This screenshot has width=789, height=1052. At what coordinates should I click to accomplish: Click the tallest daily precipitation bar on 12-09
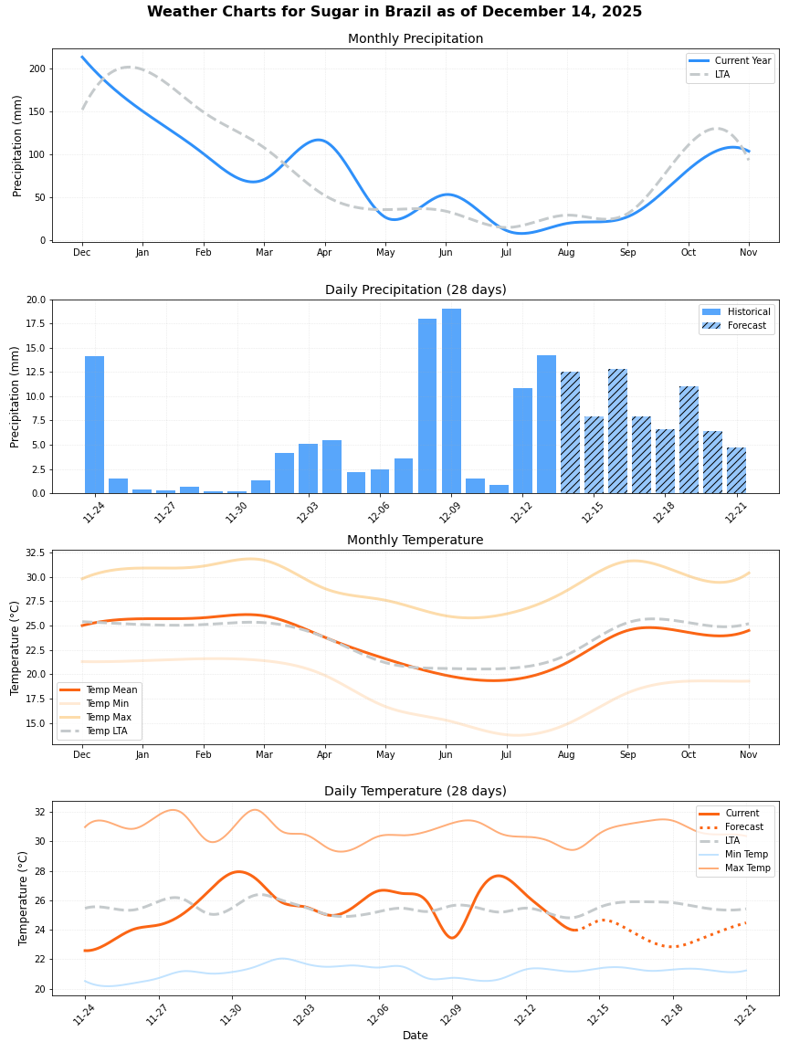[451, 402]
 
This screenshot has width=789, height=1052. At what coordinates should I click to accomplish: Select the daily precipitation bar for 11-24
[94, 425]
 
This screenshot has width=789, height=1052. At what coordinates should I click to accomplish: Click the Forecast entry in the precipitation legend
[745, 325]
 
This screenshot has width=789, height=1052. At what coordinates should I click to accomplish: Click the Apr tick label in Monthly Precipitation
[324, 253]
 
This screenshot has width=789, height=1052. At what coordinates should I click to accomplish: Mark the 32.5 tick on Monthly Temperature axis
[34, 553]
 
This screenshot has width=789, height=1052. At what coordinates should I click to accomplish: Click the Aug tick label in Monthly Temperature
[566, 755]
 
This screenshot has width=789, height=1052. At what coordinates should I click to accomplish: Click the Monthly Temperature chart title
[415, 541]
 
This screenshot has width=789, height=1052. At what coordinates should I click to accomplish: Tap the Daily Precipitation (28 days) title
[415, 290]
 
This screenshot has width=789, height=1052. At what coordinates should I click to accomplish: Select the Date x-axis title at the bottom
[415, 1036]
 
